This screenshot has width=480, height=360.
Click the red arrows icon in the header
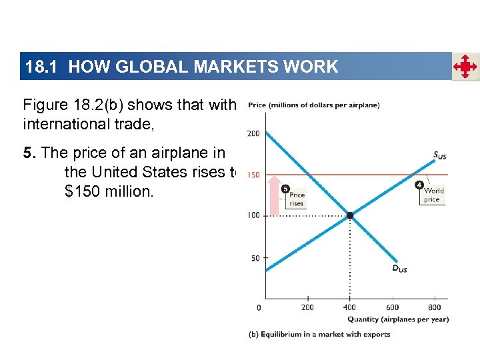[x=465, y=67]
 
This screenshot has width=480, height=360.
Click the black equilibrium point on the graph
[x=349, y=215]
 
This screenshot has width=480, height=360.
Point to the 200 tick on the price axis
[x=253, y=133]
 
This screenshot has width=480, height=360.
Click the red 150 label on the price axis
[x=253, y=175]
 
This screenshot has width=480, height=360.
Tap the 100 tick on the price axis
[x=253, y=215]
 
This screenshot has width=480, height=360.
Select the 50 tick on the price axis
[x=255, y=258]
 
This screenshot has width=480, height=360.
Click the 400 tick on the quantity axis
[x=349, y=307]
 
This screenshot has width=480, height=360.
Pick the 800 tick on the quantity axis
[x=434, y=307]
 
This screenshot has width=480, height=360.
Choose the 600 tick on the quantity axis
[x=392, y=307]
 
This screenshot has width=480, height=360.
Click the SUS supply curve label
[x=439, y=156]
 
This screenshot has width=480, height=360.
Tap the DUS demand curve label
[x=399, y=269]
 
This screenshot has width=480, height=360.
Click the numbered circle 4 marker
[x=419, y=185]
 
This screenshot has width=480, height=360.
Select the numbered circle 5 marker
[x=285, y=189]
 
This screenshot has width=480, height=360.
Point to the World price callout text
[x=433, y=195]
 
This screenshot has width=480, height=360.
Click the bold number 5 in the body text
[x=27, y=153]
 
